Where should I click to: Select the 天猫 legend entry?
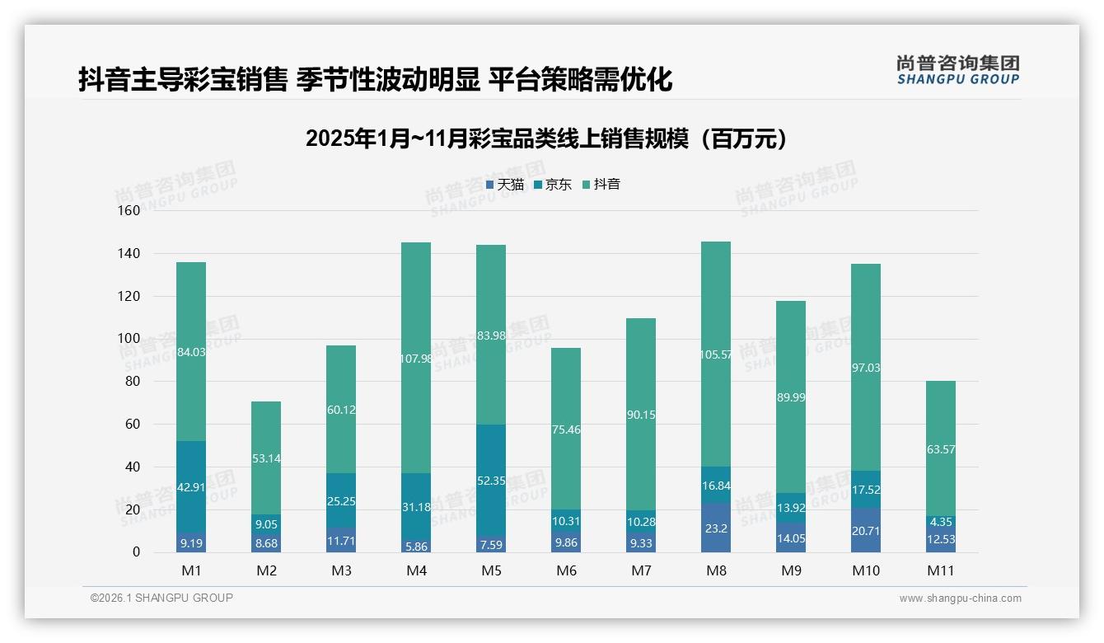[x=505, y=185]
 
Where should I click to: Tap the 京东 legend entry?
[x=553, y=185]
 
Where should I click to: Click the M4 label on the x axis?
[x=416, y=570]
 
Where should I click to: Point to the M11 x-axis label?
[x=940, y=570]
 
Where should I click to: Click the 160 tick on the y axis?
[x=129, y=211]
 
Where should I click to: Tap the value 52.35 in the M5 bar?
[x=491, y=481]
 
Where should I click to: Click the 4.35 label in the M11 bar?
[x=940, y=521]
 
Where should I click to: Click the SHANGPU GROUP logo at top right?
[x=957, y=70]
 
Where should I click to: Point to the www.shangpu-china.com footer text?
[x=960, y=598]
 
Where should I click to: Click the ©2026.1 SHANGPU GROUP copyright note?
[x=161, y=598]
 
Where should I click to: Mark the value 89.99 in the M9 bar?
[x=790, y=397]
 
